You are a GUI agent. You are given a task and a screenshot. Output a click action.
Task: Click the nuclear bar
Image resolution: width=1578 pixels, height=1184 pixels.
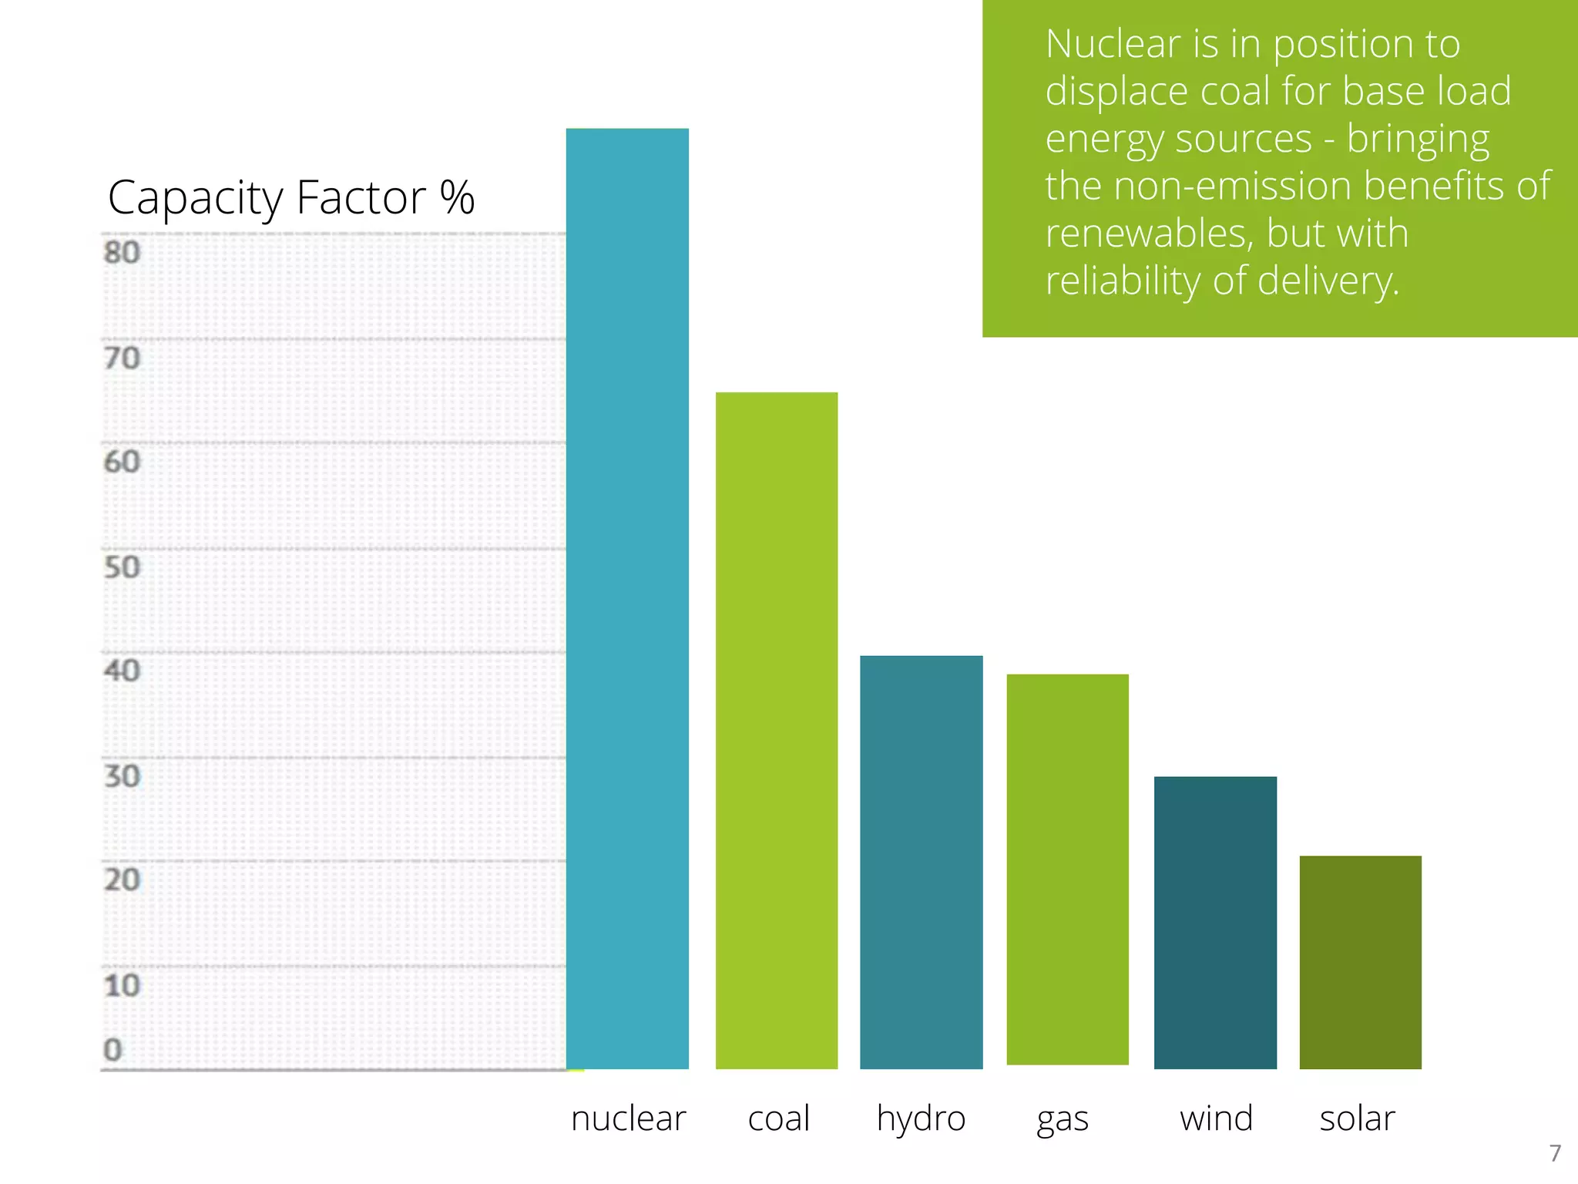pyautogui.click(x=627, y=598)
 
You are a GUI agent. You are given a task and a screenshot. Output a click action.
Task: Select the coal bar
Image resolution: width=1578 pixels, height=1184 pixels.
pyautogui.click(x=777, y=730)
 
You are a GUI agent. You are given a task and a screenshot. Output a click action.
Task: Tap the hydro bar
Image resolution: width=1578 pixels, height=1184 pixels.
pyautogui.click(x=921, y=862)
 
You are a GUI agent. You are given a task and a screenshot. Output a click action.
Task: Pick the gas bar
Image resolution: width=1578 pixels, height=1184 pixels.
pyautogui.click(x=1067, y=869)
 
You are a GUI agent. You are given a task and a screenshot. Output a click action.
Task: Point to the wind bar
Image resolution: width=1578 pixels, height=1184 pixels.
pyautogui.click(x=1215, y=922)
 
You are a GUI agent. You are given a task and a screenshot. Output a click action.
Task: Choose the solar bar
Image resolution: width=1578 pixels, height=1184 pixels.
pyautogui.click(x=1360, y=962)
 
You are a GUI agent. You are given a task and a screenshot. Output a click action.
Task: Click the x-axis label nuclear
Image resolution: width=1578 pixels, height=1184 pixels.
pyautogui.click(x=628, y=1118)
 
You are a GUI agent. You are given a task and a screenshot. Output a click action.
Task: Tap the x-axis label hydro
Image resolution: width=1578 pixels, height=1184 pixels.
pyautogui.click(x=921, y=1118)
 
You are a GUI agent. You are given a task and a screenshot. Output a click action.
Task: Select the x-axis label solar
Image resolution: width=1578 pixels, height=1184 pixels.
pyautogui.click(x=1357, y=1118)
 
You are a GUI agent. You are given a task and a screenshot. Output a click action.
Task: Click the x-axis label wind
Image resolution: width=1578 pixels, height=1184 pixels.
pyautogui.click(x=1216, y=1118)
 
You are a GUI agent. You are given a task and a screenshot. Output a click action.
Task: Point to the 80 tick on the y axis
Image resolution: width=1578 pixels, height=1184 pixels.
pyautogui.click(x=122, y=253)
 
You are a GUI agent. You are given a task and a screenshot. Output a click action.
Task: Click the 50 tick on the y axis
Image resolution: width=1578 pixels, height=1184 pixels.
pyautogui.click(x=122, y=567)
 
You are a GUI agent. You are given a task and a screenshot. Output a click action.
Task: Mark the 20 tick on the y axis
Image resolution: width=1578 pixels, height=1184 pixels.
pyautogui.click(x=122, y=880)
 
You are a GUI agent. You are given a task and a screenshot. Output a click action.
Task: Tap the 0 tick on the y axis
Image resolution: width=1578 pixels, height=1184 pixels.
pyautogui.click(x=113, y=1050)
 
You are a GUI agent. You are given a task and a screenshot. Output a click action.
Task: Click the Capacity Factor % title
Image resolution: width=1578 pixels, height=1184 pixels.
pyautogui.click(x=290, y=198)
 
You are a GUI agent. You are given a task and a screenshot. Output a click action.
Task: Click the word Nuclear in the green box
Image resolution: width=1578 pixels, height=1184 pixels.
pyautogui.click(x=1112, y=44)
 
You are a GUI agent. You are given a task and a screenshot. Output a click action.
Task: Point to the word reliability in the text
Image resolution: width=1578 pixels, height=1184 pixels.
pyautogui.click(x=1122, y=281)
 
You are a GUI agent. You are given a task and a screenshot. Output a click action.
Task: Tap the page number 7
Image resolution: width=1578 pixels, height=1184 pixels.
pyautogui.click(x=1555, y=1153)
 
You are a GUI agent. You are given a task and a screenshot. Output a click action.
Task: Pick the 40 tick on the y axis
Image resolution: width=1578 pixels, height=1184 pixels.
pyautogui.click(x=122, y=671)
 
